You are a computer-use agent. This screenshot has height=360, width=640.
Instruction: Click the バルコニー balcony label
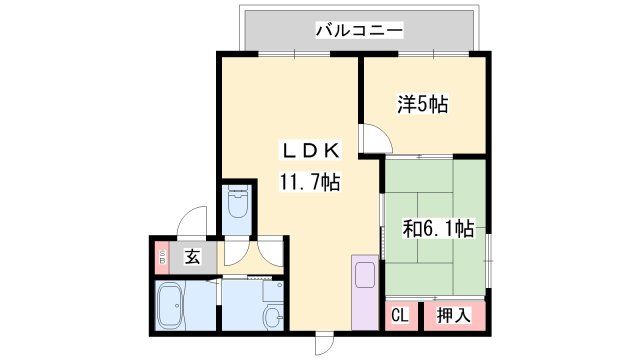coord(359,31)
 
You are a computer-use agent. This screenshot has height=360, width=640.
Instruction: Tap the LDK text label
coord(311,151)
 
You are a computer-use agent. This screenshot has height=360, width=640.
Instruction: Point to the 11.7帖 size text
coord(311,182)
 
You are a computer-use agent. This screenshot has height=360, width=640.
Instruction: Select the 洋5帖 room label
coord(422,104)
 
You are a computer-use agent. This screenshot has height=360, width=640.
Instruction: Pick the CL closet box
coord(399,316)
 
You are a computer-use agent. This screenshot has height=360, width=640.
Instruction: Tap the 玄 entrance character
coord(193,257)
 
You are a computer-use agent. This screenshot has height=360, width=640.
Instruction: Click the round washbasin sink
coord(272,317)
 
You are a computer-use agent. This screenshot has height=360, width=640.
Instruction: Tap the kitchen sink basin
coord(363,274)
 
